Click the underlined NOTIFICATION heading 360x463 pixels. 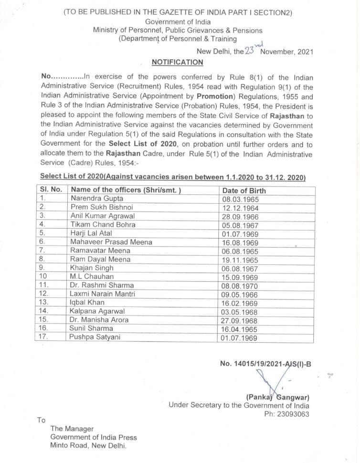click(177, 63)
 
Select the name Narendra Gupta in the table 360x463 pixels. click(96, 198)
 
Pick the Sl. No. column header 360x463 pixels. click(51, 189)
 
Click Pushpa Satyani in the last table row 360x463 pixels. click(95, 337)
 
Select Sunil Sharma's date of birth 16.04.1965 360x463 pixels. click(239, 329)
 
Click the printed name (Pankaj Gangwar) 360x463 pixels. click(277, 397)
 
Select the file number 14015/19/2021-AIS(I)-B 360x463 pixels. click(265, 364)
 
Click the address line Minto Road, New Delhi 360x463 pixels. click(89, 446)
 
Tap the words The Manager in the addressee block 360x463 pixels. click(72, 429)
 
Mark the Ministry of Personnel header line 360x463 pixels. click(178, 31)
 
